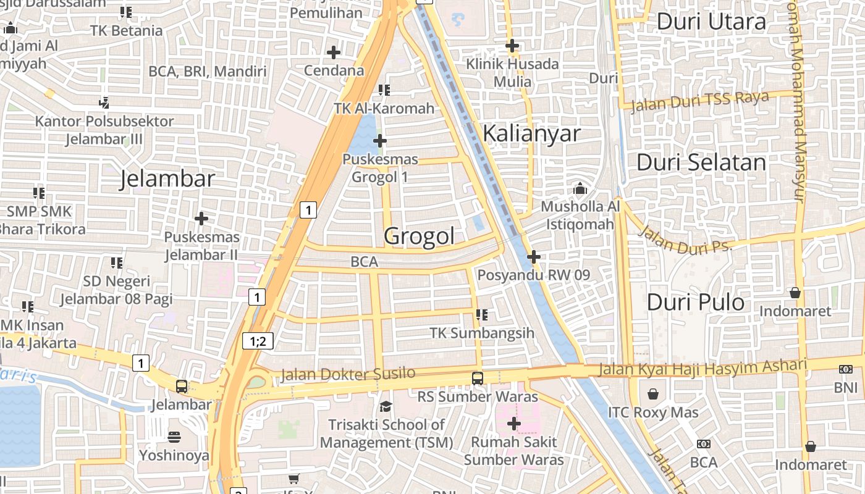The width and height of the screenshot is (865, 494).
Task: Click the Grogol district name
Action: pyautogui.click(x=419, y=236)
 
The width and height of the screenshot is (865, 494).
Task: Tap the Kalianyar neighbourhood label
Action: pyautogui.click(x=531, y=133)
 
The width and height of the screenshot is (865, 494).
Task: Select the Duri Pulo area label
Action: pyautogui.click(x=695, y=302)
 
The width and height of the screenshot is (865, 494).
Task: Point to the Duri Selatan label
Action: pyautogui.click(x=701, y=162)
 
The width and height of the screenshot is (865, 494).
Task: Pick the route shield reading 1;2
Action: pyautogui.click(x=258, y=340)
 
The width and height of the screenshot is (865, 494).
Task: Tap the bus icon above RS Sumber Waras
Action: pyautogui.click(x=477, y=378)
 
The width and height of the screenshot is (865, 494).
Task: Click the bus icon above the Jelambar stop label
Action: pyautogui.click(x=181, y=387)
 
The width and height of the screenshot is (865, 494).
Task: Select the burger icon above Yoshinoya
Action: pyautogui.click(x=174, y=437)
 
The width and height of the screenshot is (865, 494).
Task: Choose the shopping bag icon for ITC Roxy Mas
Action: pyautogui.click(x=653, y=394)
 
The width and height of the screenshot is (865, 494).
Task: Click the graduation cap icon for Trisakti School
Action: pyautogui.click(x=386, y=406)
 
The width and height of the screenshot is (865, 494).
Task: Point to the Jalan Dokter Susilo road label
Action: pyautogui.click(x=348, y=374)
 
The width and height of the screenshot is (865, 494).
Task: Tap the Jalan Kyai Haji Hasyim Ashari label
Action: pyautogui.click(x=703, y=367)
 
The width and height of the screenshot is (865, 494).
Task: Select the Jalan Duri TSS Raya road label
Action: pyautogui.click(x=700, y=100)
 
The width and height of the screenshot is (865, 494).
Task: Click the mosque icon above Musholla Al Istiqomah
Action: pyautogui.click(x=580, y=188)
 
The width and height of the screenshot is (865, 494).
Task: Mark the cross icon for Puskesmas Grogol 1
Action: pyautogui.click(x=380, y=141)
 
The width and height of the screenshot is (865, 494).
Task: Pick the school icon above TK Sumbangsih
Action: pyautogui.click(x=482, y=315)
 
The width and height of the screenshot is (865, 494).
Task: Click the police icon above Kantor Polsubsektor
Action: pyautogui.click(x=104, y=103)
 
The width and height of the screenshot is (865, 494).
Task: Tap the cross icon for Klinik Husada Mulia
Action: pyautogui.click(x=512, y=46)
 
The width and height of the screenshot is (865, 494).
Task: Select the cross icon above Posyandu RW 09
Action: pyautogui.click(x=534, y=257)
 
